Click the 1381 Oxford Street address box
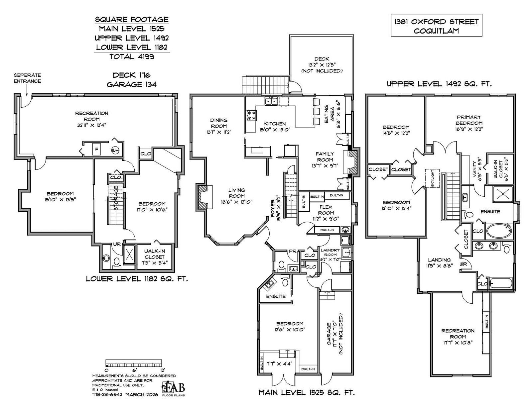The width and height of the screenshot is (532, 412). point(436,26)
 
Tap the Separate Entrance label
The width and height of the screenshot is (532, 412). point(27,78)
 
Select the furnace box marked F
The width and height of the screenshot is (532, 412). point(96,150)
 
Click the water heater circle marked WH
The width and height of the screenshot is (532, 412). point(115,150)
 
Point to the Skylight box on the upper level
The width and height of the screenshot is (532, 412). point(432,179)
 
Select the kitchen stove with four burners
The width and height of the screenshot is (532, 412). point(251,116)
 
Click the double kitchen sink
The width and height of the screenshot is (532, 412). point(271,101)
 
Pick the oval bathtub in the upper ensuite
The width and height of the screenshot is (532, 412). point(499,231)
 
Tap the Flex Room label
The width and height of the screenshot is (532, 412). point(326,210)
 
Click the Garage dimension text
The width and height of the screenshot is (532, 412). point(334,333)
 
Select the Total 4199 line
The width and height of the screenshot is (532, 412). point(132,56)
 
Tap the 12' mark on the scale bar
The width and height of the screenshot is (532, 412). point(162,370)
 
